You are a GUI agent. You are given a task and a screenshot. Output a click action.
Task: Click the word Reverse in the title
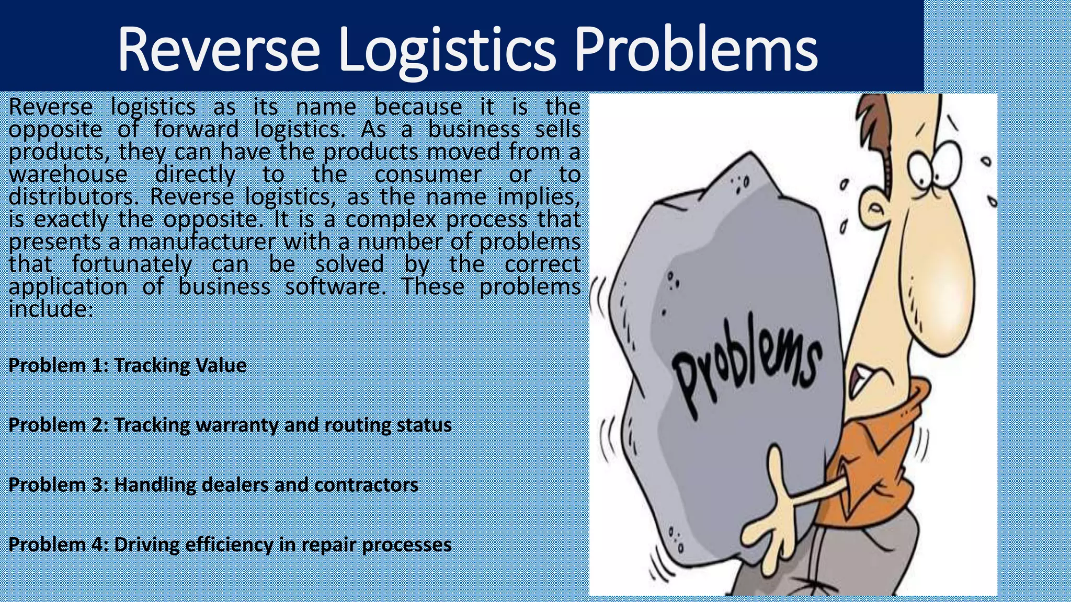point(218,49)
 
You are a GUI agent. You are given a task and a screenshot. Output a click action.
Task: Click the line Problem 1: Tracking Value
point(127,365)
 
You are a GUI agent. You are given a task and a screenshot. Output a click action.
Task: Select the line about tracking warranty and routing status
point(230,425)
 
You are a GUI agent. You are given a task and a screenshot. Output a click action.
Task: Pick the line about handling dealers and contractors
point(213,485)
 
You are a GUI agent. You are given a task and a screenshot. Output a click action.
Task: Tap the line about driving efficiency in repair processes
point(230,545)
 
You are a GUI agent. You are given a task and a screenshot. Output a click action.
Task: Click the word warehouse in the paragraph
point(68,175)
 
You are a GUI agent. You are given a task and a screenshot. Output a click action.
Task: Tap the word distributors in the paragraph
point(73,197)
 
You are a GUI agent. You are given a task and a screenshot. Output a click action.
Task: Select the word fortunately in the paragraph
point(132,264)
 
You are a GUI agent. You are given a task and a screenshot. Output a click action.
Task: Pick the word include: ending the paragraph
point(51,309)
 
